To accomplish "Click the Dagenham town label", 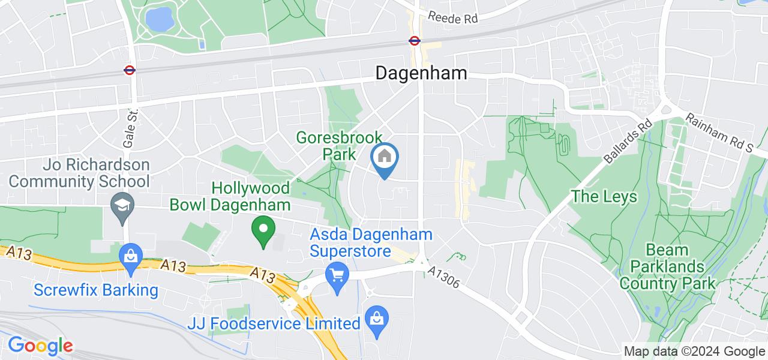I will (421, 73).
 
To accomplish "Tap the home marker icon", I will (384, 158).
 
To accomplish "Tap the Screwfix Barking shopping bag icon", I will (130, 257).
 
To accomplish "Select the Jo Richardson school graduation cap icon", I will (122, 204).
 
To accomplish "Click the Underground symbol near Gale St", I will (129, 70).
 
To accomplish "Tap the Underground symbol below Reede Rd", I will (414, 41).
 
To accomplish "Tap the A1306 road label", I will (445, 277).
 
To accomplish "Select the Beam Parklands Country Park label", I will (668, 266).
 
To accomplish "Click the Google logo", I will (40, 346).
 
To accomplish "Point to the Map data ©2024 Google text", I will (694, 352).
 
